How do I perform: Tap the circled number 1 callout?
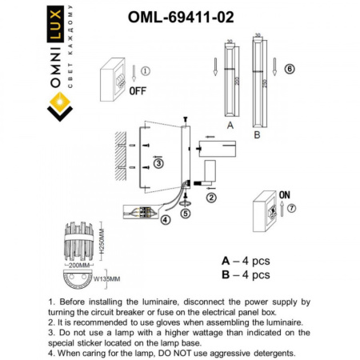coord(144,70)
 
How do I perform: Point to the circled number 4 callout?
coord(166,219)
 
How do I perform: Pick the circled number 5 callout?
coord(185,213)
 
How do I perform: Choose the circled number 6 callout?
coord(290,70)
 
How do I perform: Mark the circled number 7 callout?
coord(291,210)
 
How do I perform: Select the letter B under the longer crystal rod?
coord(257,135)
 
